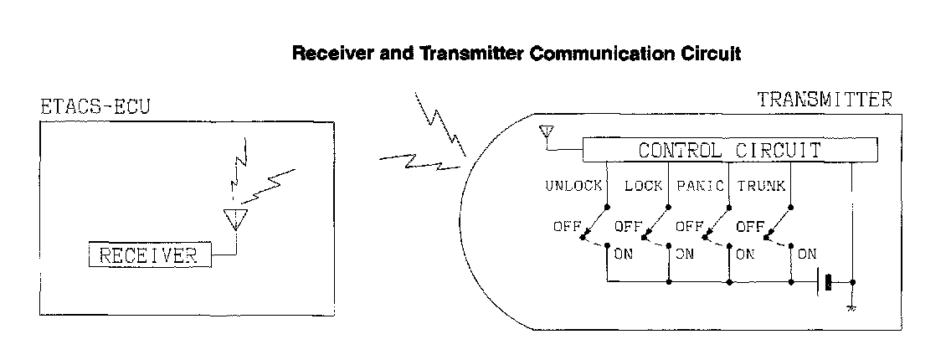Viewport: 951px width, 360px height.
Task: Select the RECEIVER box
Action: [150, 255]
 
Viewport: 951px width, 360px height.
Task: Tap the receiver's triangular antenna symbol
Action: [237, 219]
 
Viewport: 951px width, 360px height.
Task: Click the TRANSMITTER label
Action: [825, 100]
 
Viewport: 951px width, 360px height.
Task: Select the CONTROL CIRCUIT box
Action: [730, 152]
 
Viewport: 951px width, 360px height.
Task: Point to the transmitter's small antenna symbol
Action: [548, 132]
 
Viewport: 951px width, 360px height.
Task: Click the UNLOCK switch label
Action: [573, 186]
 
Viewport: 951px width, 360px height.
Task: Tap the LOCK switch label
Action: [644, 186]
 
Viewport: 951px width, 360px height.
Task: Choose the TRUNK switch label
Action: [761, 186]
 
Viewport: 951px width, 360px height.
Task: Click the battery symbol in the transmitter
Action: [827, 282]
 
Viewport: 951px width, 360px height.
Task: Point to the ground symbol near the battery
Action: [851, 306]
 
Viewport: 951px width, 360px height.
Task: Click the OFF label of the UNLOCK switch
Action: [567, 226]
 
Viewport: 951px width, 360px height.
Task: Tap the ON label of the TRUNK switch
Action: [807, 253]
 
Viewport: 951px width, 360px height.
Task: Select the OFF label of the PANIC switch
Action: [689, 226]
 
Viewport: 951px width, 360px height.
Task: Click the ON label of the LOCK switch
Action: [684, 253]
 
